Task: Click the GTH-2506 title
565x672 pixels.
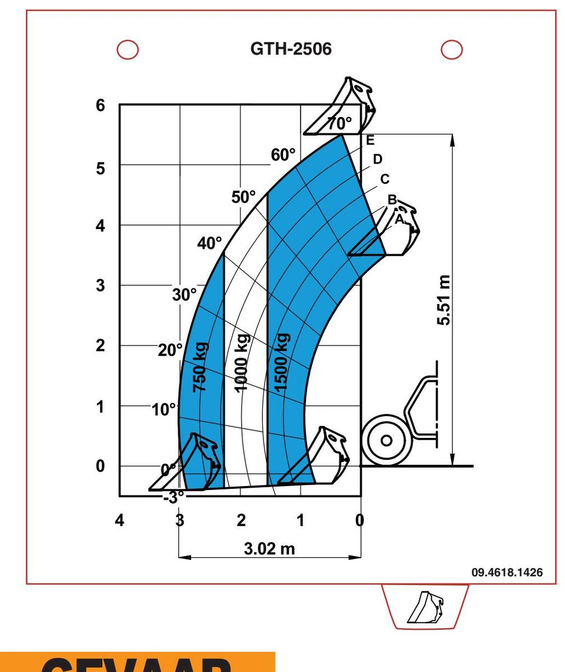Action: (290, 49)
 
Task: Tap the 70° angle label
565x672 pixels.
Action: (340, 123)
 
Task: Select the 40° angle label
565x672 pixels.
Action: (210, 243)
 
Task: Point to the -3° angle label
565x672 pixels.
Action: (174, 497)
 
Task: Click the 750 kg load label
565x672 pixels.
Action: (201, 367)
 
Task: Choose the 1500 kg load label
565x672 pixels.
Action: (282, 361)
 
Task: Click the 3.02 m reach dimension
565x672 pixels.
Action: (269, 548)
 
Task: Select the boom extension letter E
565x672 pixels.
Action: (369, 141)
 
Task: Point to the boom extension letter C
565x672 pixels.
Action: (385, 179)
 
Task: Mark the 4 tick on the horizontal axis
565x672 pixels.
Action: (119, 520)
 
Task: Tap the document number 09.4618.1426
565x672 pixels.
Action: (507, 572)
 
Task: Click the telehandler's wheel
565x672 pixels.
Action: (386, 440)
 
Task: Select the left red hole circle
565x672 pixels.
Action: (128, 49)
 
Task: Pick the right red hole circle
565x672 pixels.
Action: (452, 49)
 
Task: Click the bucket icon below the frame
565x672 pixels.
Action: (425, 607)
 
